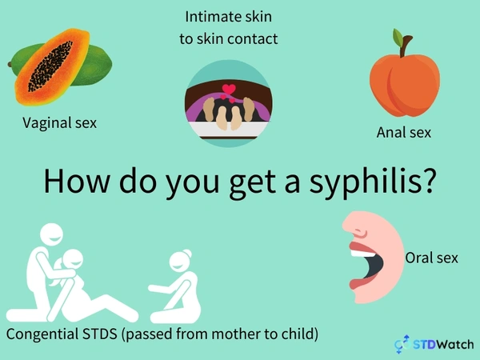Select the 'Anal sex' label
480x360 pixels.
pyautogui.click(x=404, y=132)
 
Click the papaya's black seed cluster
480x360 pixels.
pyautogui.click(x=50, y=66)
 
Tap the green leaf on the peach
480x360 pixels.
pyautogui.click(x=398, y=38)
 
